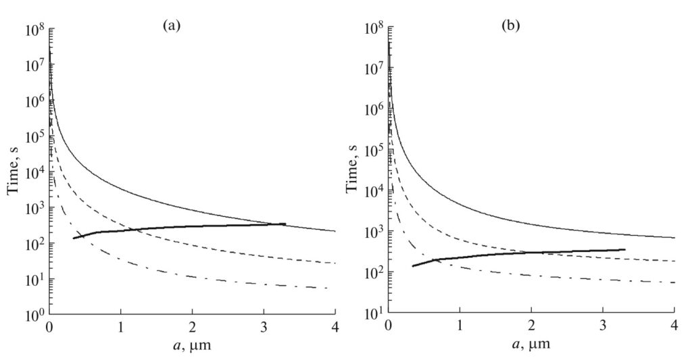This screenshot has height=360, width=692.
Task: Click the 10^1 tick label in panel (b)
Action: tap(373, 314)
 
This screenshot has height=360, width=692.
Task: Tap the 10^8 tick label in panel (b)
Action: tap(373, 30)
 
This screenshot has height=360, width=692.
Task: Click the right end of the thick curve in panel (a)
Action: tap(285, 224)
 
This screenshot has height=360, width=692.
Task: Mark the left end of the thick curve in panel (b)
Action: tap(412, 266)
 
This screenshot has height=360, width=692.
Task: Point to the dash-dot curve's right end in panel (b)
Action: tap(674, 282)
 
